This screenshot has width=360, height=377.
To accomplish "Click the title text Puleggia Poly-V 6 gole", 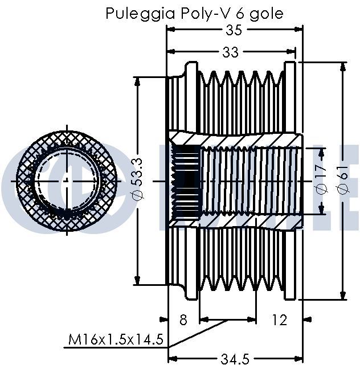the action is tap(194, 14).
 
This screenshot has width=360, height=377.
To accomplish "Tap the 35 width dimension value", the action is tap(234, 30).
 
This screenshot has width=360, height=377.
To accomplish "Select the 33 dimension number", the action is tap(230, 52).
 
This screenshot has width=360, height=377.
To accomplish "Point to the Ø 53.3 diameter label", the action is tap(140, 179).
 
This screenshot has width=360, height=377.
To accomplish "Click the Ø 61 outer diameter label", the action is tap(343, 179).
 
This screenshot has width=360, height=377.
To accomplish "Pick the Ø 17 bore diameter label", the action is tap(322, 179).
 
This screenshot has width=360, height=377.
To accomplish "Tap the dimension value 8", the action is tap(183, 320).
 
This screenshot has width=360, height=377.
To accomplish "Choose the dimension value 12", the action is tap(280, 320).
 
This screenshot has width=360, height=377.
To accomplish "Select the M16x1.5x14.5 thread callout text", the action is tap(116, 339).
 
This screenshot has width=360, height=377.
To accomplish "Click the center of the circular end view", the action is tap(67, 181).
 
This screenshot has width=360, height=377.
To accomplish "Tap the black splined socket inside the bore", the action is tap(186, 181).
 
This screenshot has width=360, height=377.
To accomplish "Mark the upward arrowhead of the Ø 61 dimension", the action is tap(343, 67).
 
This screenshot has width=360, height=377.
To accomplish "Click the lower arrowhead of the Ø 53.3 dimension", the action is tap(137, 280).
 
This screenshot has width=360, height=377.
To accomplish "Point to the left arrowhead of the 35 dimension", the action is tap(171, 30).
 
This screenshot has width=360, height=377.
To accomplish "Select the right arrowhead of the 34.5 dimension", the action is tap(298, 359).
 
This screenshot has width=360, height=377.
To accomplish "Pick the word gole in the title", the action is tap(266, 14).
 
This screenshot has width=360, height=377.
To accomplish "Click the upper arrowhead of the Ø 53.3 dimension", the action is tap(137, 82).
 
